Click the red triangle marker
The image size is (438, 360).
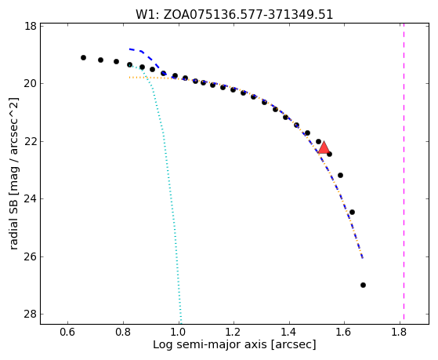324,148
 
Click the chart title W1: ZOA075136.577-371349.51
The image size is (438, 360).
234,15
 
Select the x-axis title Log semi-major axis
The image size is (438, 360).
210,344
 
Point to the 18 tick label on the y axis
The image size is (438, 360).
31,27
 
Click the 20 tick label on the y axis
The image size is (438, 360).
31,84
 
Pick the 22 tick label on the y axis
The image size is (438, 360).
31,141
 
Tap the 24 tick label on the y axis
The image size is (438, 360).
31,199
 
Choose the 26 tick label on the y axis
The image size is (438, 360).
31,256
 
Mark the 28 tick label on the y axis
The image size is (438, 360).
31,315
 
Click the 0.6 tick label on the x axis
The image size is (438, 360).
67,332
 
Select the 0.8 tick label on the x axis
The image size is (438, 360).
123,332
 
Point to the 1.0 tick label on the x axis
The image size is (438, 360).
178,332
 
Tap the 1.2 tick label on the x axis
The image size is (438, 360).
233,332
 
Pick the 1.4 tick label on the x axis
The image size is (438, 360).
289,332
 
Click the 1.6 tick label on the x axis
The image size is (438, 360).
345,332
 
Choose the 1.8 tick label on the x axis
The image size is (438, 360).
400,332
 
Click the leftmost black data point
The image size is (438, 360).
83,57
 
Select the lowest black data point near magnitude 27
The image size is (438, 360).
363,285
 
